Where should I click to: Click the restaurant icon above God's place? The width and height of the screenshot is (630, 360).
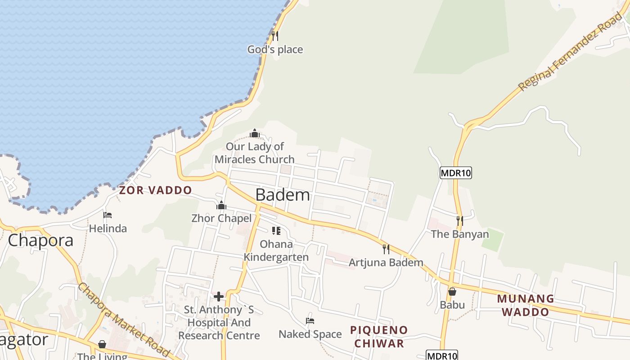tap(275, 36)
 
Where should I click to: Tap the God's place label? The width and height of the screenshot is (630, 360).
tap(275, 49)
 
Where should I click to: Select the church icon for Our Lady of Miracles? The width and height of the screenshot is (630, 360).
tap(255, 133)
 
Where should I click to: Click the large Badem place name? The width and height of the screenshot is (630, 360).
tap(283, 195)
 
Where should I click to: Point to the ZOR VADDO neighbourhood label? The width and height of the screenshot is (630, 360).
tap(155, 190)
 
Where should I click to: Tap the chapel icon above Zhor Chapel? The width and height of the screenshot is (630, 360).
tap(221, 205)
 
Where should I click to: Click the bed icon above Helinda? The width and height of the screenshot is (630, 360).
tap(108, 215)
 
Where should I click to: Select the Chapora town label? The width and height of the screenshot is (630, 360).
tap(40, 240)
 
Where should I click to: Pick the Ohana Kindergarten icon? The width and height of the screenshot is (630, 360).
tap(276, 231)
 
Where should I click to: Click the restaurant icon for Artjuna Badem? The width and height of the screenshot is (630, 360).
tap(386, 249)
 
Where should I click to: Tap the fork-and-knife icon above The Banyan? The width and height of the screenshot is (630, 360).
tap(459, 220)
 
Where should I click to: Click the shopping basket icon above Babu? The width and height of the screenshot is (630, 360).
tap(452, 292)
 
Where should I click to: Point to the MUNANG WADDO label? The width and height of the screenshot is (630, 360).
tap(526, 305)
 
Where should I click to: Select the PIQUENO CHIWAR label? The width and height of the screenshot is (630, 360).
tap(379, 337)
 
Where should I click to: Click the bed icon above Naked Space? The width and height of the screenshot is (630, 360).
tap(310, 320)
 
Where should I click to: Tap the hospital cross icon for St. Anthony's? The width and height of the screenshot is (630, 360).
tap(219, 297)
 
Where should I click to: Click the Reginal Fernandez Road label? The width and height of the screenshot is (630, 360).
tap(570, 52)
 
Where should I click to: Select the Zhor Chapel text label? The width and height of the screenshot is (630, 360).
tap(221, 219)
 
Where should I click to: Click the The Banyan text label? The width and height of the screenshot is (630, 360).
tap(459, 234)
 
